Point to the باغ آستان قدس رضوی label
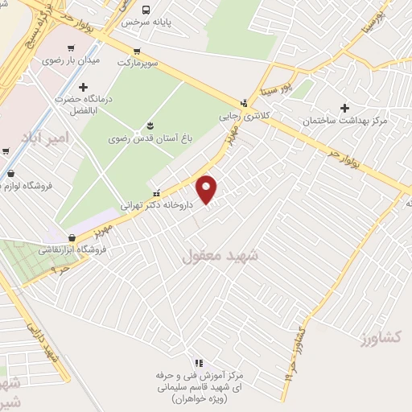point(150,138)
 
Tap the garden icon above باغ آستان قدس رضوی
point(150,124)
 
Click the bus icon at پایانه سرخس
point(146,10)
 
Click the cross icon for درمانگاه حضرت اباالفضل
point(83,87)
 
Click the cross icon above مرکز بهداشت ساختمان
point(346,107)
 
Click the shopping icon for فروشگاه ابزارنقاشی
point(72,237)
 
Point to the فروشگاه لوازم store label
point(26,186)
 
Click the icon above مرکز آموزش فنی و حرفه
point(199,363)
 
